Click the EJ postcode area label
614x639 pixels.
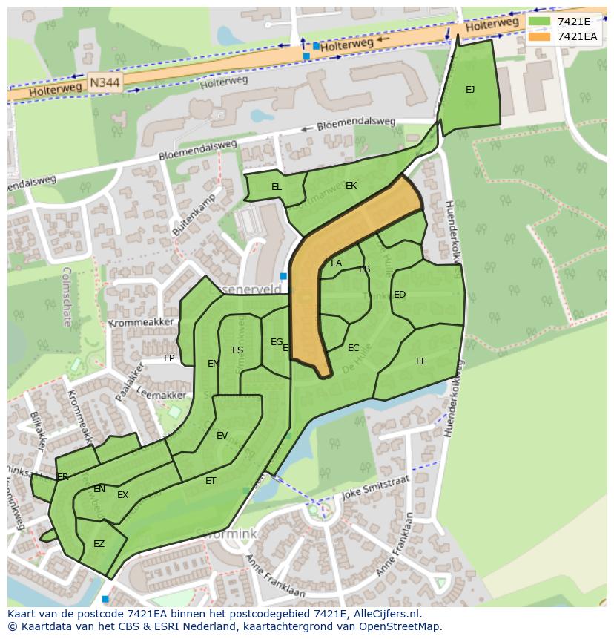point(470,90)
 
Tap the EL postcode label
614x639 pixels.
point(277,187)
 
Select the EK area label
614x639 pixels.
point(351,186)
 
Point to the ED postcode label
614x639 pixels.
point(400,295)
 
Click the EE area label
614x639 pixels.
point(421,361)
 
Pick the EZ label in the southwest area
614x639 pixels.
point(99,544)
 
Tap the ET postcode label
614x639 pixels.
point(211,481)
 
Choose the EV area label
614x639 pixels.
point(222,436)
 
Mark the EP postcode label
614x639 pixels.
point(169,358)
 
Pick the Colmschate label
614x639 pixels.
point(67,297)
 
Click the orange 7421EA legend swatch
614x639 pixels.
point(540,36)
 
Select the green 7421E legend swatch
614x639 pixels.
point(540,22)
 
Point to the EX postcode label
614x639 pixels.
point(122,495)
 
